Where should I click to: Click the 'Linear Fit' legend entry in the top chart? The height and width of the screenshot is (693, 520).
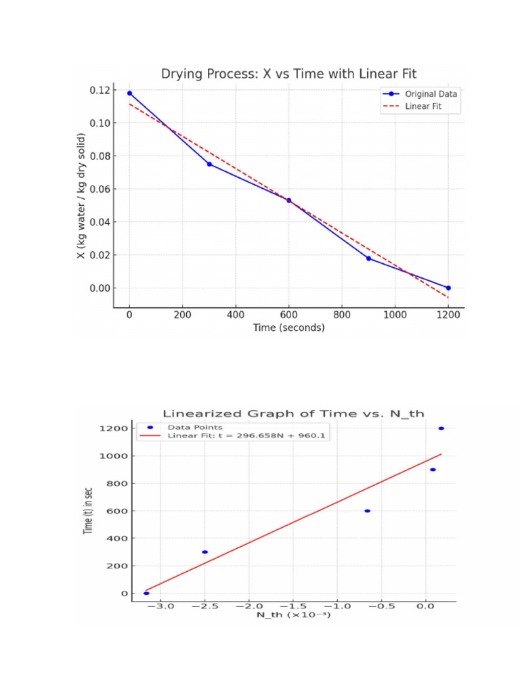422,106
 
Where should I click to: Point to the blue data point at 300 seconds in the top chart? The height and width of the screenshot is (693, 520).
209,164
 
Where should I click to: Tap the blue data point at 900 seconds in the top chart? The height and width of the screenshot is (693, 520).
368,259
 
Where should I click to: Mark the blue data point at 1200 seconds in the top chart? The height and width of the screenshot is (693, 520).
448,288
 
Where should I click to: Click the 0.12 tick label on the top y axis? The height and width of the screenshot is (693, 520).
100,91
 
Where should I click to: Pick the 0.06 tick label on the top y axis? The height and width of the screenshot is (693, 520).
100,189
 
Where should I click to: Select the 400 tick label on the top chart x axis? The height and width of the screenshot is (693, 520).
236,315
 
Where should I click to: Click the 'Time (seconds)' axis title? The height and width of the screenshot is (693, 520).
288,328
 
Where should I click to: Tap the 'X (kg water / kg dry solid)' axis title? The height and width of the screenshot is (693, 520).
81,196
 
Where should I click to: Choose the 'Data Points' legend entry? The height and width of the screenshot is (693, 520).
195,428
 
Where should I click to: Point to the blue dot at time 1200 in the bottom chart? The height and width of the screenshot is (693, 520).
441,428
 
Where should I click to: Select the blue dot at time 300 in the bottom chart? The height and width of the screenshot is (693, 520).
204,552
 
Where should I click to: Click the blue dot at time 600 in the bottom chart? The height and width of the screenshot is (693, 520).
367,511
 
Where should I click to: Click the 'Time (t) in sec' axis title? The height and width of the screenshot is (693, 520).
88,510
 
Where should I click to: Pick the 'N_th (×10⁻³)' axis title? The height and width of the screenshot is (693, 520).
292,615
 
